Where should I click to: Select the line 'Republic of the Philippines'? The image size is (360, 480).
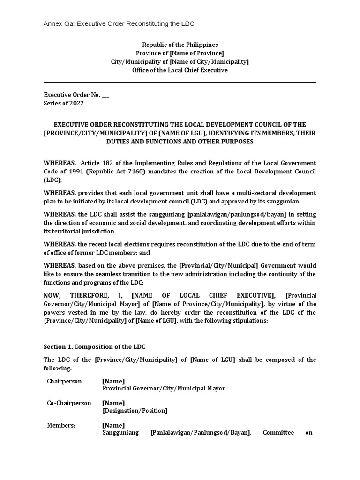coord(180,45)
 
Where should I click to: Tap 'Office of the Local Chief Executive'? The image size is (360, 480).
coord(180,70)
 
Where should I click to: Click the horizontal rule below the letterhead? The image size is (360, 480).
coord(180,83)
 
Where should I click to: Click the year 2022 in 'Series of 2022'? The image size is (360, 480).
coord(76,103)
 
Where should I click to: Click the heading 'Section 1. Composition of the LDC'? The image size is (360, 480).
coord(94,346)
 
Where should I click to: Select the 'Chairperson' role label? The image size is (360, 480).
coord(64,381)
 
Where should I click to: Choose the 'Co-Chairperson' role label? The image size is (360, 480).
coord(69,403)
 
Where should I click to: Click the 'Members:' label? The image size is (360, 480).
coord(60,425)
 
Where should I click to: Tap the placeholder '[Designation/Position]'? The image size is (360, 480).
coord(135,411)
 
